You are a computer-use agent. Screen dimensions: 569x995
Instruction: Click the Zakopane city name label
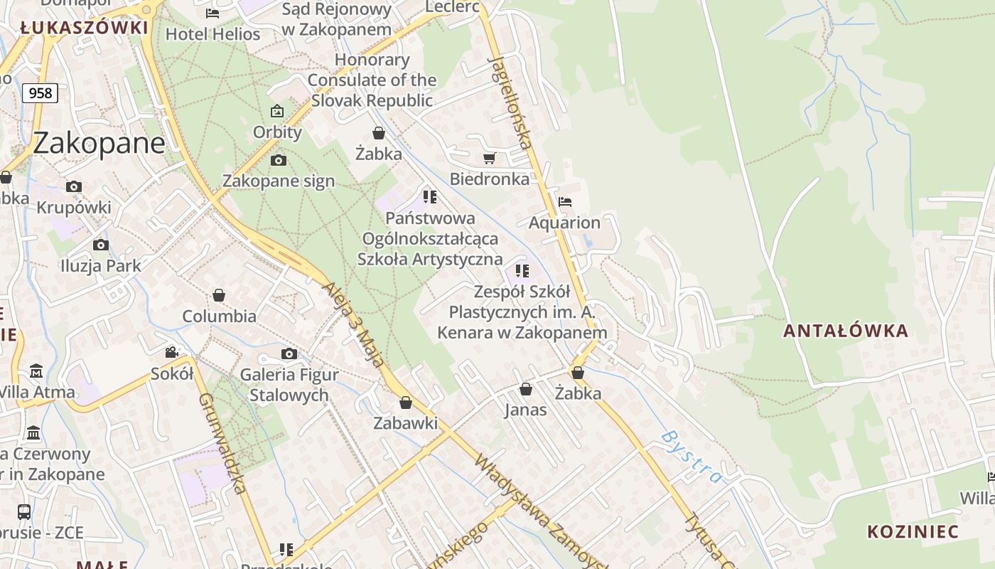coord(99,144)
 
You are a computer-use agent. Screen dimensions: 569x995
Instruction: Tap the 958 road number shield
coord(40,92)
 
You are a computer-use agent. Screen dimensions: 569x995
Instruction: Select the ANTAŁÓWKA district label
coord(846,331)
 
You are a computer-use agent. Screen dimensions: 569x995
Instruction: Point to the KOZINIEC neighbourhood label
coord(913,532)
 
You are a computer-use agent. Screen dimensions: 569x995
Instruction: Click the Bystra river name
coord(692,455)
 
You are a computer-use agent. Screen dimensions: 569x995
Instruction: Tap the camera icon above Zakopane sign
coord(279,160)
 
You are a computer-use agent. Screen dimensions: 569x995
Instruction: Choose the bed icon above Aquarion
coord(565,202)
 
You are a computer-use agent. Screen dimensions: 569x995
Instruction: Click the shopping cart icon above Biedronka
coord(489,158)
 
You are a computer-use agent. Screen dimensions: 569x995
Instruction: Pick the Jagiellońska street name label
coord(511,102)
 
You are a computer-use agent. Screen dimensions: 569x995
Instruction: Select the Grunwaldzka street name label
coord(222,442)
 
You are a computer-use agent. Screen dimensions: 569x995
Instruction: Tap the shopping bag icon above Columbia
coord(219,295)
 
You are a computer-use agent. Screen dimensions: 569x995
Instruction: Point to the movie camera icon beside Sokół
coord(171,353)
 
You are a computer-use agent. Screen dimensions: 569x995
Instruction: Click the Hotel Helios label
coord(213,33)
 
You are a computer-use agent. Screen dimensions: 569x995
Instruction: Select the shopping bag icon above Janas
coord(526,389)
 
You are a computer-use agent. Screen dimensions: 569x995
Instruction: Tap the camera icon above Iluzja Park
coord(101,245)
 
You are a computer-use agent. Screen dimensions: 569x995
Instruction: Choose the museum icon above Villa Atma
coord(36,371)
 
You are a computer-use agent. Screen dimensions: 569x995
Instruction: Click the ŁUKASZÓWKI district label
coord(84,28)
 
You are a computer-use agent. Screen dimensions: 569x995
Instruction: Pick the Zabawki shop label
coord(406,423)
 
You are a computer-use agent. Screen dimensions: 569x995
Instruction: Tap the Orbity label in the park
coord(277,132)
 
